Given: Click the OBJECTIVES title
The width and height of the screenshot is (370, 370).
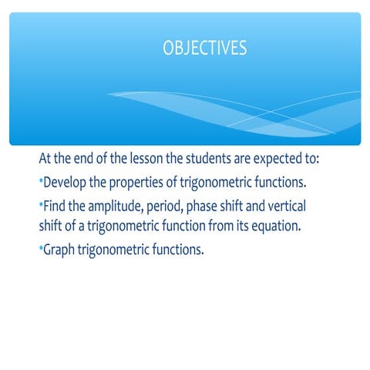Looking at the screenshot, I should [x=204, y=48].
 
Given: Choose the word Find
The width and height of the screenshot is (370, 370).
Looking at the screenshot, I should [x=55, y=207].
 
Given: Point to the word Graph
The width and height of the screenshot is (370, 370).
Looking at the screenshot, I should [x=62, y=251].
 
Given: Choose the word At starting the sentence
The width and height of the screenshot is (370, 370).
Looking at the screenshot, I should [x=47, y=160].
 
